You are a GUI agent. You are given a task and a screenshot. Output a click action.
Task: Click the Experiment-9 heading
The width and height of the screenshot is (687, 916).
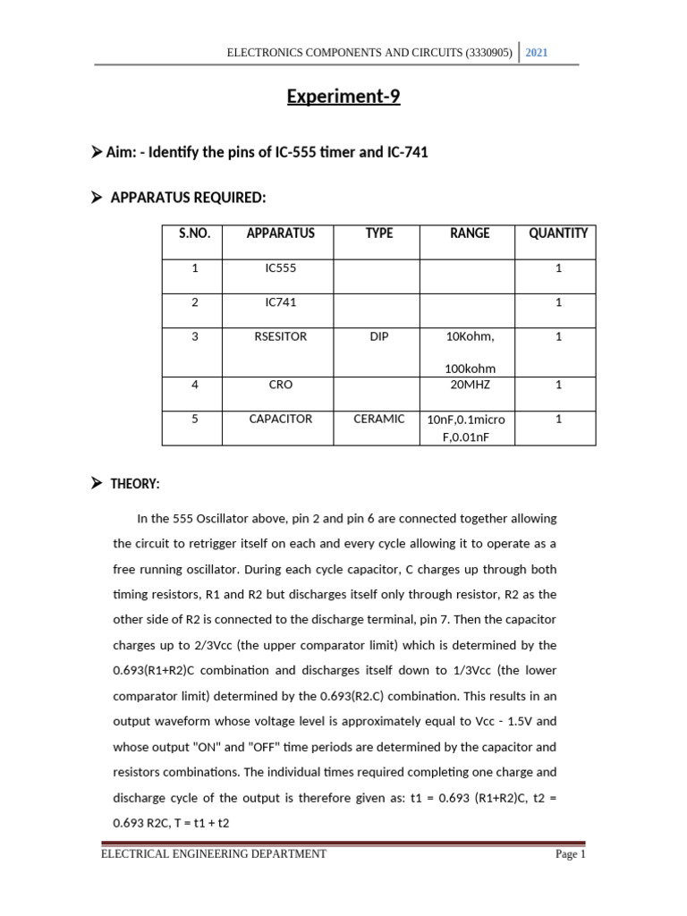[343, 97]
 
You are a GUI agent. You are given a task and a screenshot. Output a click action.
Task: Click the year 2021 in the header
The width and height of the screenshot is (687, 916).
[537, 54]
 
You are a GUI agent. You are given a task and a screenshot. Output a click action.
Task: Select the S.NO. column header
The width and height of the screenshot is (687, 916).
[194, 233]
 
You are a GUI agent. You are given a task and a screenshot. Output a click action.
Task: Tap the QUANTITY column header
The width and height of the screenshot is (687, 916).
[558, 233]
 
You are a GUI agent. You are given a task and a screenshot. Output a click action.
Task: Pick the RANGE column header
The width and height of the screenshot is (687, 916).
[470, 233]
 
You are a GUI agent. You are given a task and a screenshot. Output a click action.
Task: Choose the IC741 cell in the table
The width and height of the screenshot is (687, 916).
[280, 302]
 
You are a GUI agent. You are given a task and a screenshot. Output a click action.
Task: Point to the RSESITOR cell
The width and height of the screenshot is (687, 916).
[280, 337]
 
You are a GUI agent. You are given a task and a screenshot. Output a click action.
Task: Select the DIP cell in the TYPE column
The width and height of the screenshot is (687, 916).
[379, 337]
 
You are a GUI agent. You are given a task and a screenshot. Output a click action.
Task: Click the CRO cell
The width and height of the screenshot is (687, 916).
[280, 385]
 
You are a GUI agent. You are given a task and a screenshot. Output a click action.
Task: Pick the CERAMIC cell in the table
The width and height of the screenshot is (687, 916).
[379, 419]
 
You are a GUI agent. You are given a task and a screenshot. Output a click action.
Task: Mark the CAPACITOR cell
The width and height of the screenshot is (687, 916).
[280, 419]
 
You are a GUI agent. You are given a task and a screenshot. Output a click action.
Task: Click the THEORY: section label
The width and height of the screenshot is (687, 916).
[135, 484]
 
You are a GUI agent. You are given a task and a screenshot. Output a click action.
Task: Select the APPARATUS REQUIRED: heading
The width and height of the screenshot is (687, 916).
[188, 197]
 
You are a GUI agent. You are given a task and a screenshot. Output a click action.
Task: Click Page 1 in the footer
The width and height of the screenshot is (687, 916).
[570, 854]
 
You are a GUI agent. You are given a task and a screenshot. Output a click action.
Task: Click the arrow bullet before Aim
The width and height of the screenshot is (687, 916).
[97, 152]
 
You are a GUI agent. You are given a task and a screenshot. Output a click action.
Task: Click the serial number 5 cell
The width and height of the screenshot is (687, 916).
[194, 419]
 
